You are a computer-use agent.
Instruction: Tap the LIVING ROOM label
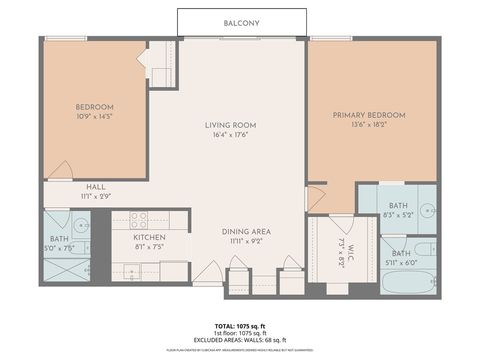point(231,125)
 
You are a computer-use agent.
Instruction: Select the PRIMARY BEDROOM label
point(372,115)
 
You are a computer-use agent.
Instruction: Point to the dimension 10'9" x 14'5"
point(94,116)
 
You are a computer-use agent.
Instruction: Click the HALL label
point(96,186)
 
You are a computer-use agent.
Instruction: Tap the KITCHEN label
point(149,237)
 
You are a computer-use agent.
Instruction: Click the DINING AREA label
point(246,231)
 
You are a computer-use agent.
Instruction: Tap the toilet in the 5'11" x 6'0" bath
point(423,249)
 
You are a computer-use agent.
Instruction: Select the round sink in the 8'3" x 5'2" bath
point(425,210)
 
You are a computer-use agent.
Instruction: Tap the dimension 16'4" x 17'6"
point(231,135)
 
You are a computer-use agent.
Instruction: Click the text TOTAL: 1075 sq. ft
point(240,326)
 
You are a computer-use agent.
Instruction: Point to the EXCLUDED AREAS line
point(240,340)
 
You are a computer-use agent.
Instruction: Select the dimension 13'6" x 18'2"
point(372,126)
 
